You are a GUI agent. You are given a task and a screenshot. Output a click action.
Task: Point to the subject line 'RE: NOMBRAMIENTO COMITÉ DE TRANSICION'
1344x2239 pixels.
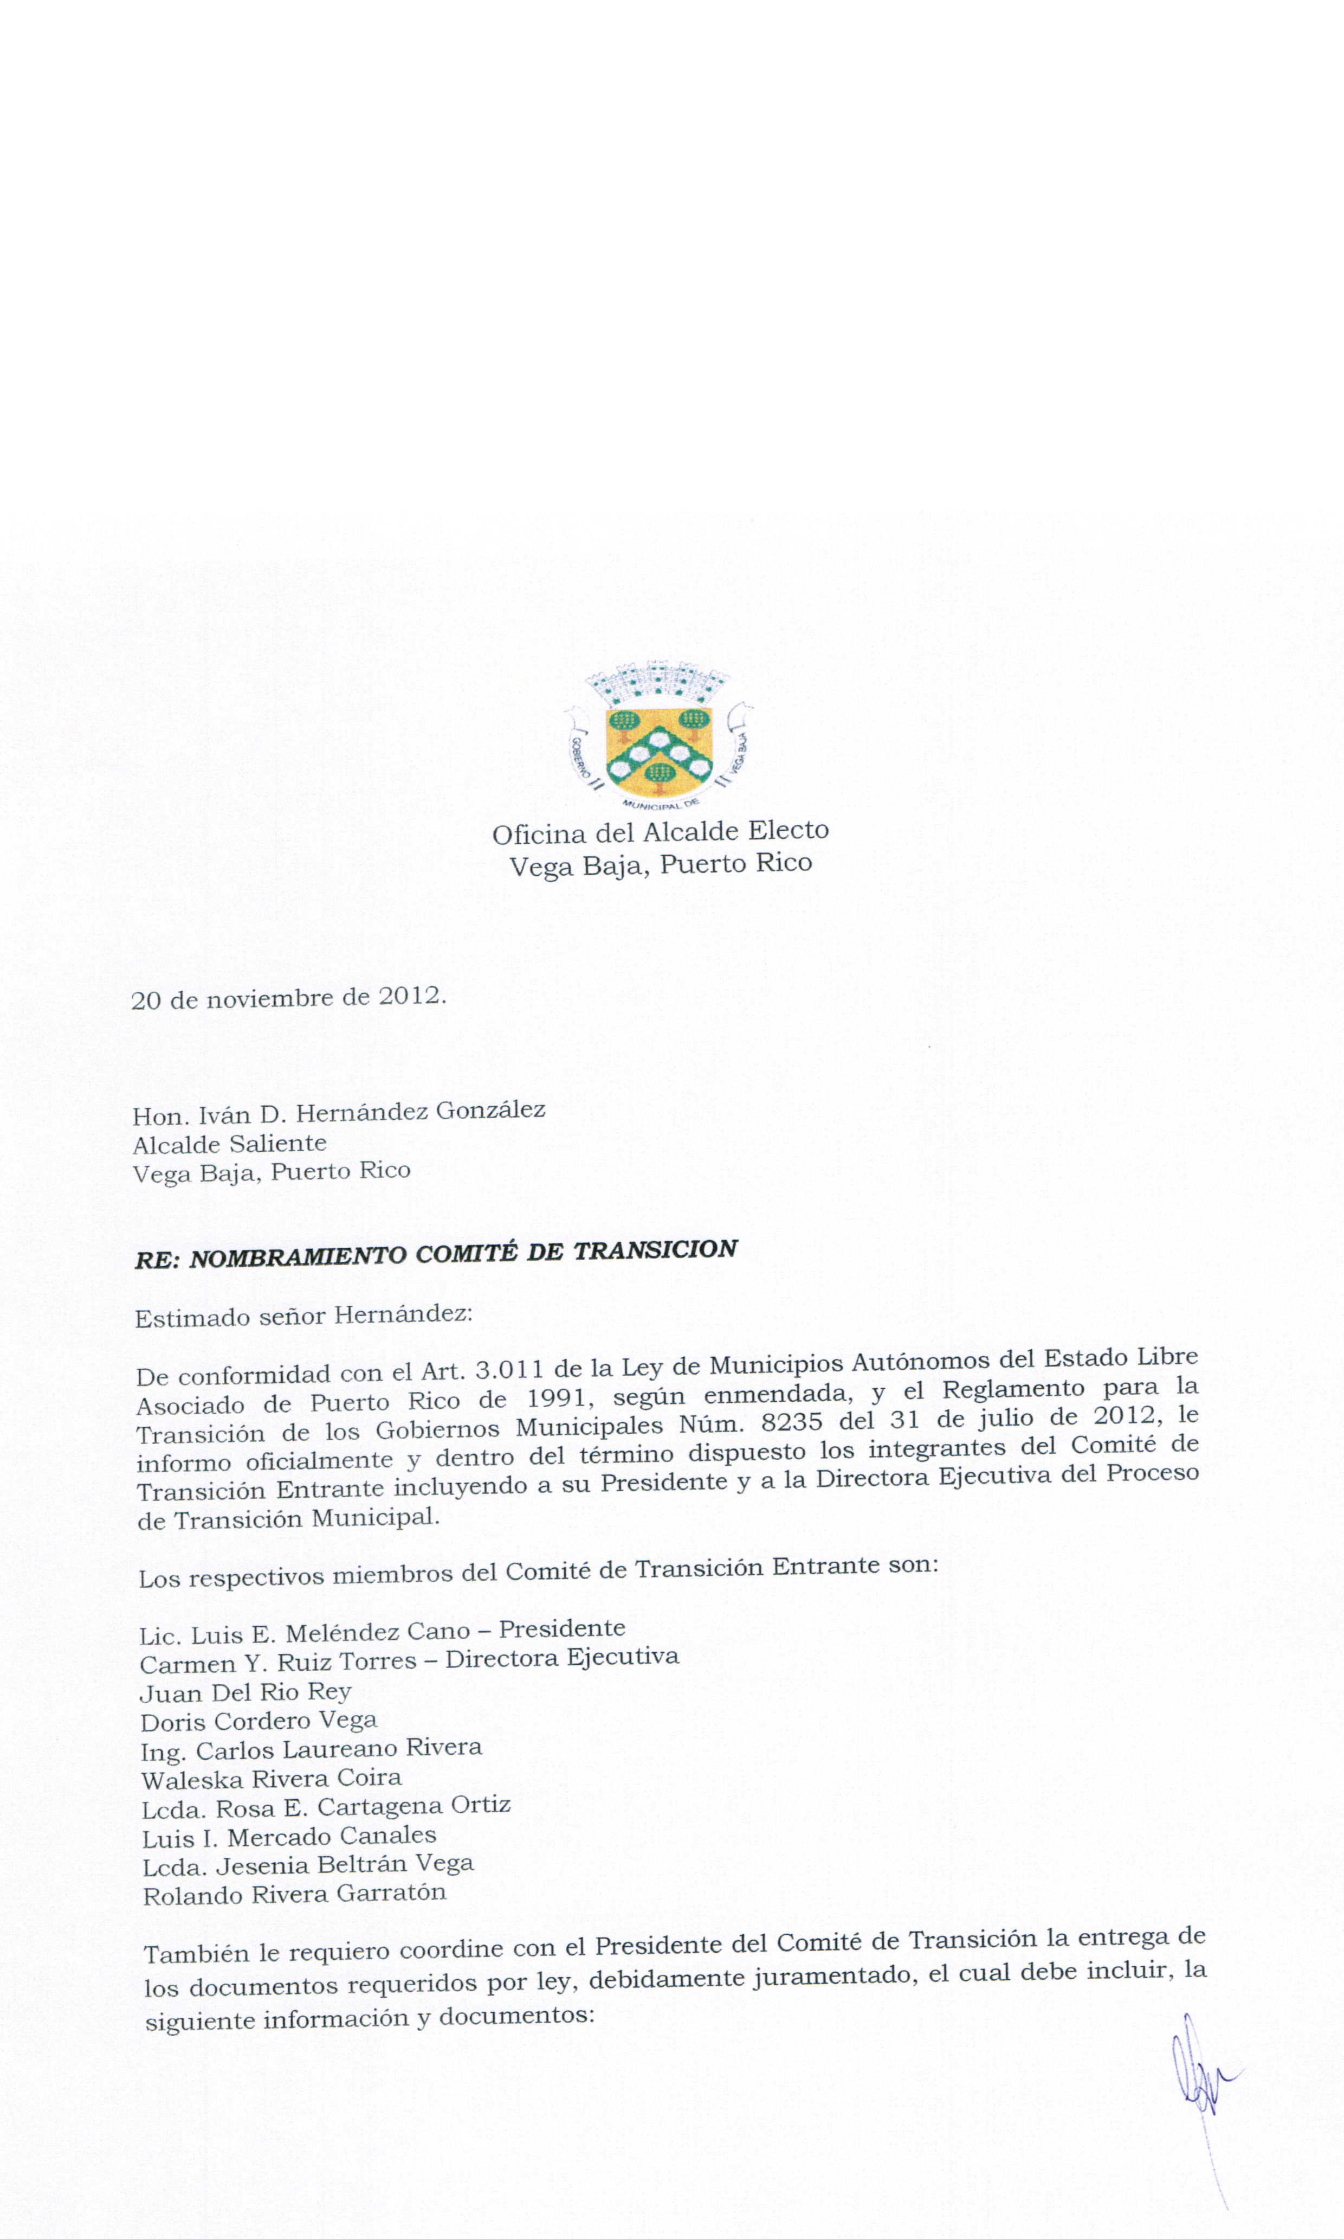[x=436, y=1254]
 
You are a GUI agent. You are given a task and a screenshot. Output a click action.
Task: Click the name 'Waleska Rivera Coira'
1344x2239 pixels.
[x=272, y=1778]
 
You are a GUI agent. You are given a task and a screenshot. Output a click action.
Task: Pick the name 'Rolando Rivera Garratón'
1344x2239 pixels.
[x=294, y=1894]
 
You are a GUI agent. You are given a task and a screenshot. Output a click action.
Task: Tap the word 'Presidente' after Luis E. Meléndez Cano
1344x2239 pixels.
[x=561, y=1628]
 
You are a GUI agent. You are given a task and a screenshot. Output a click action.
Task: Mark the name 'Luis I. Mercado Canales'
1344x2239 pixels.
[x=289, y=1836]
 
